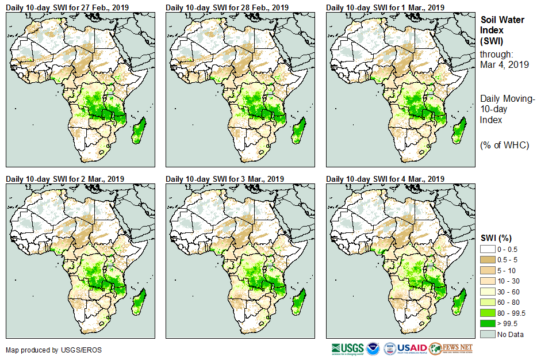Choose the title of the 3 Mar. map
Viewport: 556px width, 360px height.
point(225,179)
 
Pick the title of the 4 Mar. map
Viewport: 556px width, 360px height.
point(386,179)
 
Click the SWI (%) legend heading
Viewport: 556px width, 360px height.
point(496,238)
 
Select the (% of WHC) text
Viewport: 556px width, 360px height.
point(504,145)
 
